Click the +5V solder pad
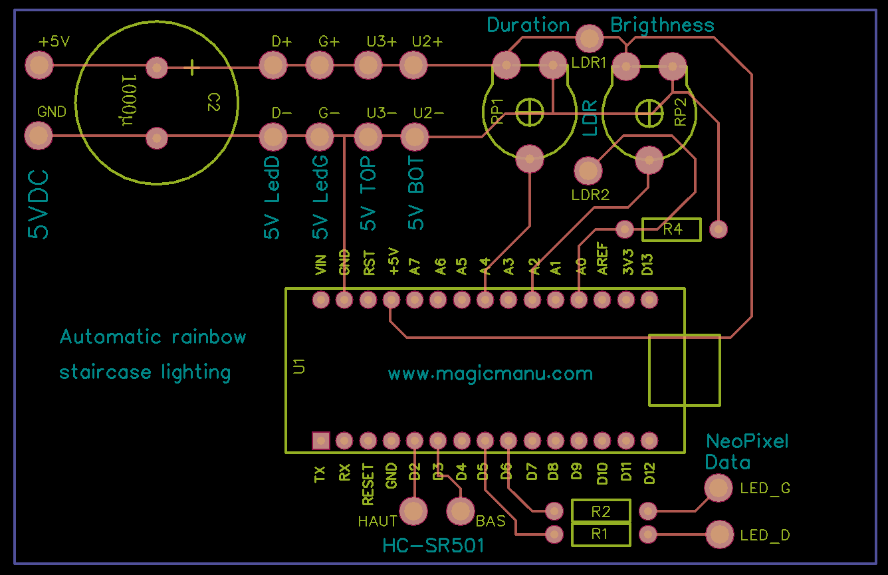(39, 66)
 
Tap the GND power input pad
(39, 137)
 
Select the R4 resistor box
(671, 229)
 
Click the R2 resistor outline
(601, 511)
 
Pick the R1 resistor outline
(601, 534)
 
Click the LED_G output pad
(719, 489)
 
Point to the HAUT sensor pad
(415, 511)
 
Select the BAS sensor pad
(460, 511)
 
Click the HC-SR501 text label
(433, 546)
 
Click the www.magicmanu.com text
(490, 374)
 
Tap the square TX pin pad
(321, 441)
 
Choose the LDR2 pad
(589, 171)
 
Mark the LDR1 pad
(589, 39)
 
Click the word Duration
(528, 25)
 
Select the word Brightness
(662, 25)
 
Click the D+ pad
(273, 66)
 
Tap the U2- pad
(414, 137)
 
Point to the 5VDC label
(39, 204)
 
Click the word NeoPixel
(746, 441)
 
